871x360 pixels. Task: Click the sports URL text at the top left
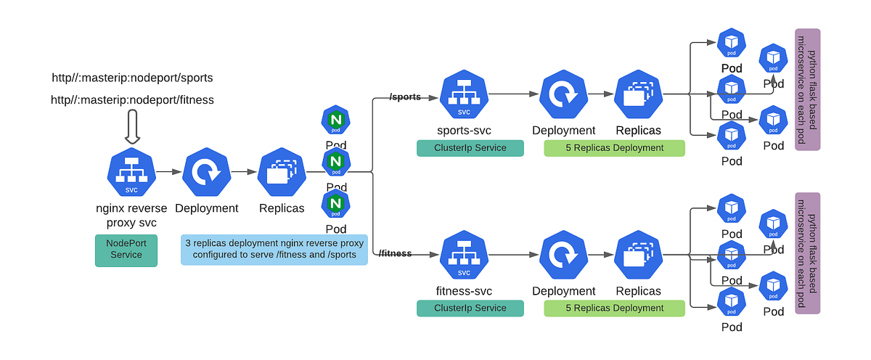tap(132, 77)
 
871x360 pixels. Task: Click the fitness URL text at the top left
tap(132, 99)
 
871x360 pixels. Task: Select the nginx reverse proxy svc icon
tap(131, 172)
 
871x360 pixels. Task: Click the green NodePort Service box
tap(126, 250)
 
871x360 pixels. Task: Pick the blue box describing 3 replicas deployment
tap(274, 249)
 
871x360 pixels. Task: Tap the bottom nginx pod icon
tap(336, 204)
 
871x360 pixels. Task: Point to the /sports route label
tap(405, 97)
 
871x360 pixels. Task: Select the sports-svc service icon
tap(464, 95)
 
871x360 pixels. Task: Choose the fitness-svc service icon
tap(464, 255)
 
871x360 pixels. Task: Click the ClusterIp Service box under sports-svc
tap(470, 148)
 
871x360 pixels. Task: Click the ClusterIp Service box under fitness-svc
tap(470, 308)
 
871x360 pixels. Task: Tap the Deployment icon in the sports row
tap(564, 95)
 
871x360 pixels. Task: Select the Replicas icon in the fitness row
tap(639, 255)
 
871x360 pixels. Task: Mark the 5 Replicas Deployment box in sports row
tap(615, 148)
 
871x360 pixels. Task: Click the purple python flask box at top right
tap(807, 89)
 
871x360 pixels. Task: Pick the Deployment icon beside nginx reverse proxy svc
tap(206, 172)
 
